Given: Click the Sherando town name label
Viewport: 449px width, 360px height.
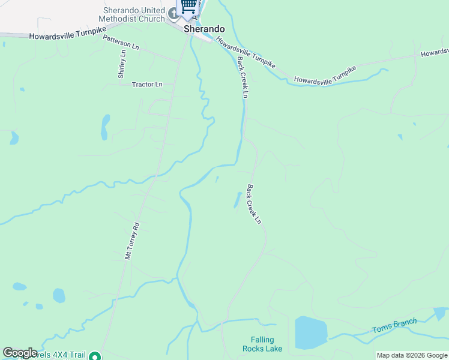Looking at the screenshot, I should (x=204, y=29).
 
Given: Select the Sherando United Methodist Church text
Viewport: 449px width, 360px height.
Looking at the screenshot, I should (x=133, y=14).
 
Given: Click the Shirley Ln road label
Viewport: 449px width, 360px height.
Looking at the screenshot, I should (x=122, y=64).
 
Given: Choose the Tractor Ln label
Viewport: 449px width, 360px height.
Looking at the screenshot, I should (x=147, y=85).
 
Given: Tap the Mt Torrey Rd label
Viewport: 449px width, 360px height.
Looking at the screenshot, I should (x=132, y=241).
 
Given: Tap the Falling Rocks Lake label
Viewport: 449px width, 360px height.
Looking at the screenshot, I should (x=262, y=344).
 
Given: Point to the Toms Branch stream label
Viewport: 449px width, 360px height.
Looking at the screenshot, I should (x=394, y=326).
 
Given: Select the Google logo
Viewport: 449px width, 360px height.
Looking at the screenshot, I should (x=20, y=353).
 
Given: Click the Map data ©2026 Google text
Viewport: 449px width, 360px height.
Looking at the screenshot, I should (x=412, y=355).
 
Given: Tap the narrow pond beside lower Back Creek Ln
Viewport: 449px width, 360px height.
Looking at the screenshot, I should (x=237, y=200).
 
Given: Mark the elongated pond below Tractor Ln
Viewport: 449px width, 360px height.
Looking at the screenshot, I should (x=105, y=127).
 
